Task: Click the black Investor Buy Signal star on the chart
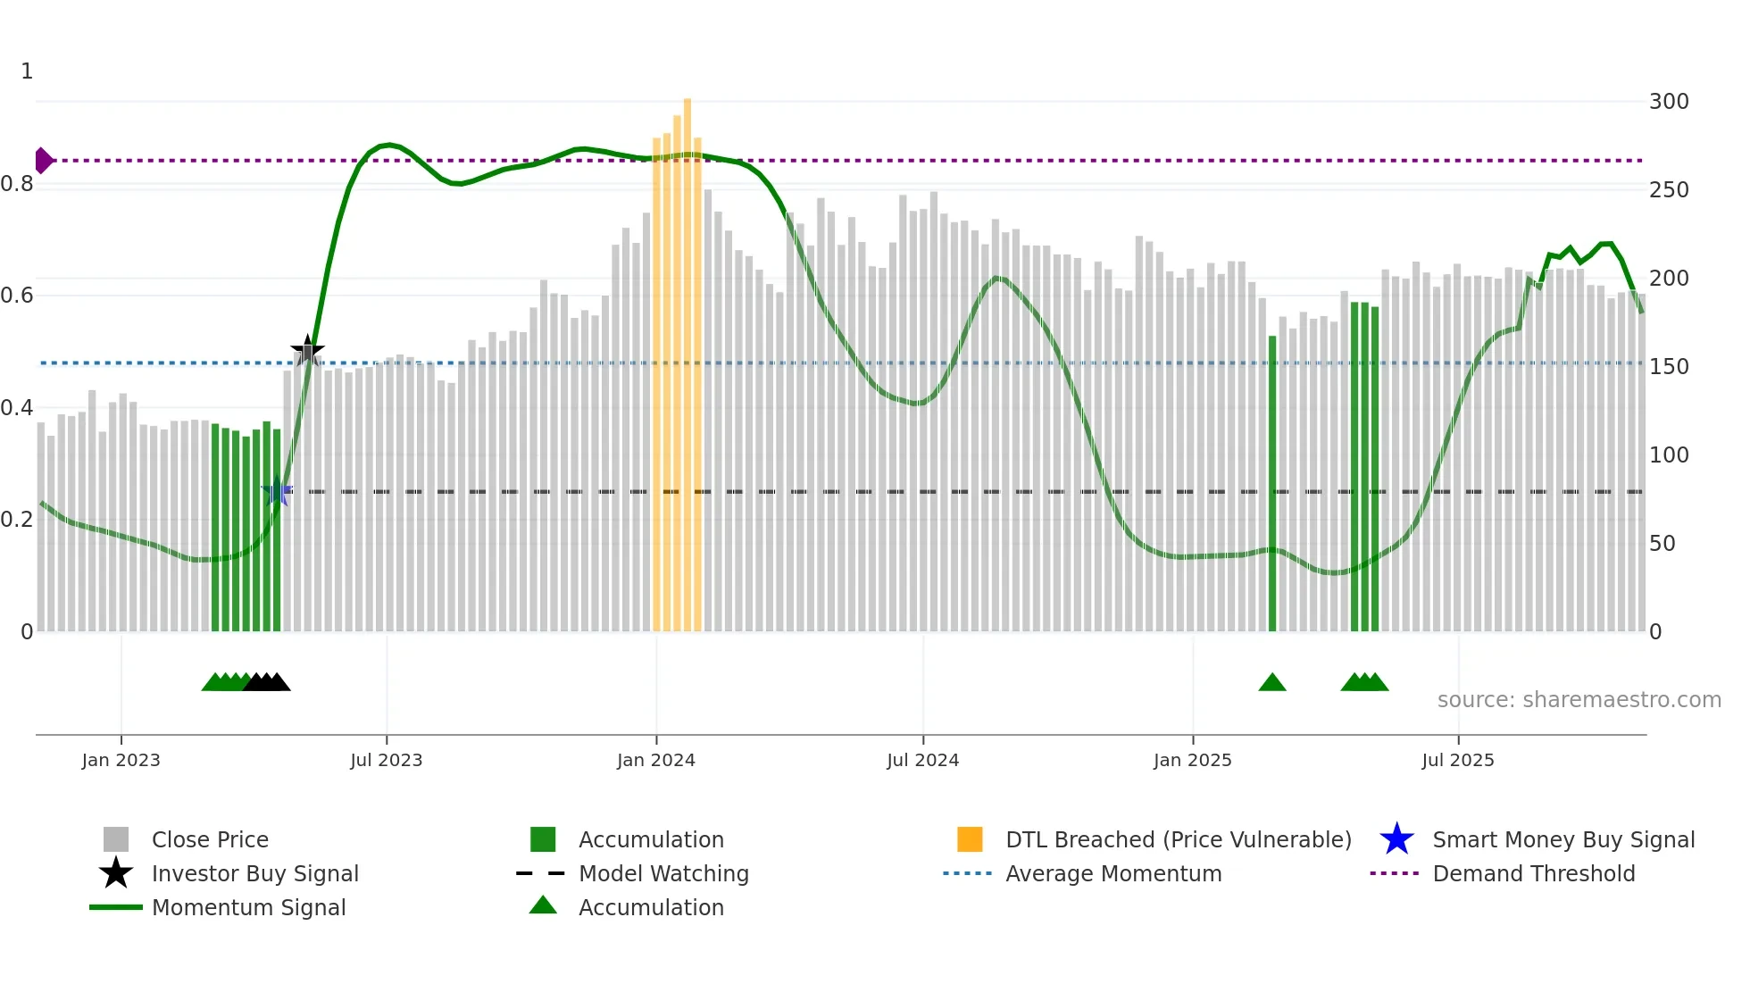tap(307, 351)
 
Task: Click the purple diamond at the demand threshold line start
tap(43, 161)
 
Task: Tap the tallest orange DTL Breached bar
tap(687, 357)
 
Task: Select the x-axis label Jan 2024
tap(655, 760)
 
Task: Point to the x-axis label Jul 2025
tap(1457, 760)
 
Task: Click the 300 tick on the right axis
tap(1669, 102)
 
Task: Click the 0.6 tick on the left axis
tap(18, 296)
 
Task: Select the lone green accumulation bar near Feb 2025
tap(1272, 482)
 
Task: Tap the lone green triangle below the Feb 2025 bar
tap(1272, 683)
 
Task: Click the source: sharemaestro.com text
tap(1579, 700)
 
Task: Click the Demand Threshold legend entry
tap(1533, 874)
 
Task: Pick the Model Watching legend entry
tap(662, 874)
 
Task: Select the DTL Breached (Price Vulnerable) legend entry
tap(1178, 840)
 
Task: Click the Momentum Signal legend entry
tap(248, 908)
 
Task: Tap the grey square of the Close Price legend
tap(116, 840)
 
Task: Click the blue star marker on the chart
tap(277, 492)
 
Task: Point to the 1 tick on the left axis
tap(27, 71)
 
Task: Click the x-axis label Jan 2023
tap(121, 760)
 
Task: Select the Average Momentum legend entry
tap(1112, 874)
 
